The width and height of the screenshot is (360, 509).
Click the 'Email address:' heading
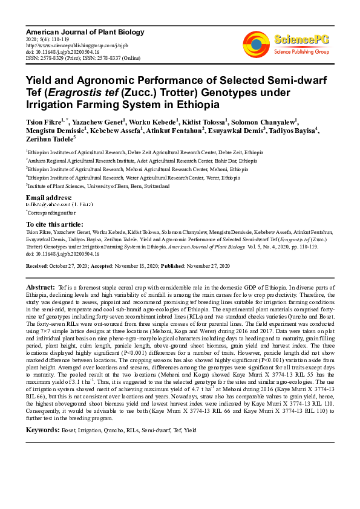(49, 198)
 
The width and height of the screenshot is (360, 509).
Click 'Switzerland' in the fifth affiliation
(156, 186)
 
